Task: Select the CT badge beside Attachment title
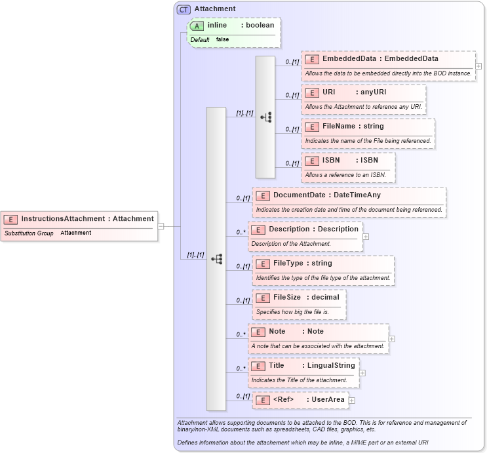point(184,9)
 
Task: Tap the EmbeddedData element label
point(380,59)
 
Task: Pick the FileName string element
point(368,127)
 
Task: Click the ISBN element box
point(348,161)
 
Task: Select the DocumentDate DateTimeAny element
point(349,195)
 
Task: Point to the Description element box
point(305,229)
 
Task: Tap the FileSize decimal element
point(299,298)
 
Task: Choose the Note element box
point(318,332)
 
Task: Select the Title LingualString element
point(303,366)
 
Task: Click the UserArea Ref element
point(300,400)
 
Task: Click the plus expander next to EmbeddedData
point(478,66)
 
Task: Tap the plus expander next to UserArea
point(352,400)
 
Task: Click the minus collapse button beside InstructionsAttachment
point(161,226)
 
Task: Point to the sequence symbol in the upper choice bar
point(265,117)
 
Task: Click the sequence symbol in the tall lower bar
point(216,259)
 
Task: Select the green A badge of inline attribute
point(197,26)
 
